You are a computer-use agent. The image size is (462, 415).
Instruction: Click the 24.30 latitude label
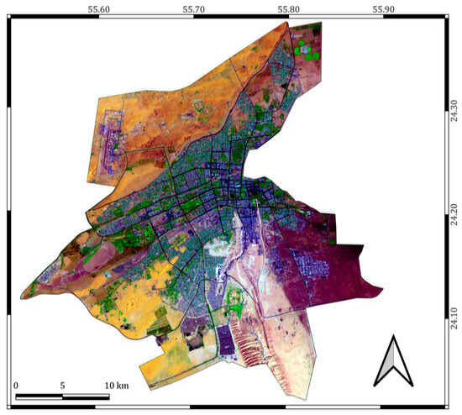pos(454,111)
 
